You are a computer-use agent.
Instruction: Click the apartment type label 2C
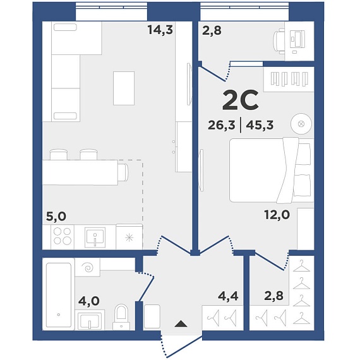click(241, 100)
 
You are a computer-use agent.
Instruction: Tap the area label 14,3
click(160, 30)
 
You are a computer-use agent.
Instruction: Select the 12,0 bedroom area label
click(277, 215)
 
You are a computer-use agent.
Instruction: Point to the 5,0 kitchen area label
click(56, 216)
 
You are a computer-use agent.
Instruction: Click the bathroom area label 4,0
click(89, 301)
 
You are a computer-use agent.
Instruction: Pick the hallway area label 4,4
click(228, 296)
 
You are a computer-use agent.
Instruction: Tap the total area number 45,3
click(260, 125)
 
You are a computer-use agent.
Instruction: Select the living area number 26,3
click(222, 125)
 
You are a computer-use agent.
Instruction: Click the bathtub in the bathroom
click(59, 295)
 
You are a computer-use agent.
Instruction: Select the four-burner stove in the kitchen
click(63, 236)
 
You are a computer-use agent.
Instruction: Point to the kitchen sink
click(95, 237)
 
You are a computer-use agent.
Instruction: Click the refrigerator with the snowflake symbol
click(129, 237)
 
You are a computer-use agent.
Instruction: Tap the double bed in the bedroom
click(272, 171)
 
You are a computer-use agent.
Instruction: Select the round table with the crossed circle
click(301, 124)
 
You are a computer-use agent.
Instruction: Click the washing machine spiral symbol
click(88, 268)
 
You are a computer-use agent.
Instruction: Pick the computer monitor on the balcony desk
click(297, 39)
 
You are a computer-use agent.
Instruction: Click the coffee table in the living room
click(124, 88)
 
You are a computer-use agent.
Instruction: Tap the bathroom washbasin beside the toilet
click(90, 320)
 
